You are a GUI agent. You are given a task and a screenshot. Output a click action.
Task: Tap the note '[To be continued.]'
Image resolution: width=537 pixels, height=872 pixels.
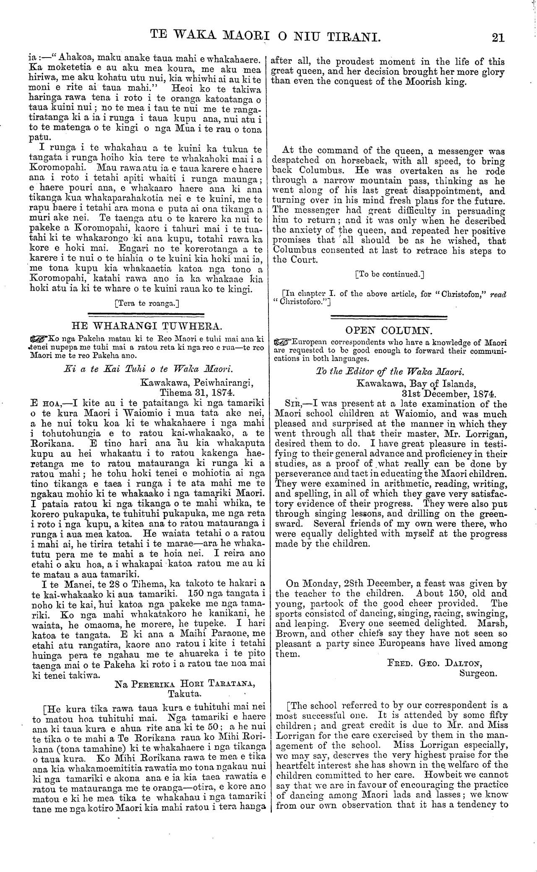point(389,275)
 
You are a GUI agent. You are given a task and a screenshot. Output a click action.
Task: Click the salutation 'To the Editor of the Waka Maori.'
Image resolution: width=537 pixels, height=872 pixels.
point(389,372)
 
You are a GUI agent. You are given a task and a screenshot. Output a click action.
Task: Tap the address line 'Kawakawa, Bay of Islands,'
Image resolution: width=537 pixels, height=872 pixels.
point(415,384)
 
